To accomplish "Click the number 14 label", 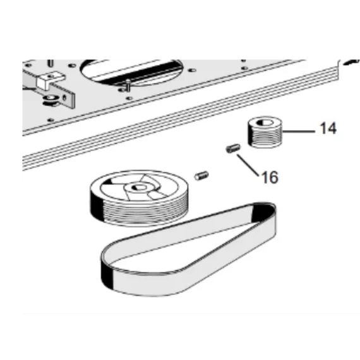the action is pyautogui.click(x=328, y=128).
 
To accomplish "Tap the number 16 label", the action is pyautogui.click(x=270, y=177).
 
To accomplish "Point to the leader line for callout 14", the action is pyautogui.click(x=299, y=131).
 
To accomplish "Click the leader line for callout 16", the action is pyautogui.click(x=248, y=165).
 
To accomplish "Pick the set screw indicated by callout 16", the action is pyautogui.click(x=233, y=148).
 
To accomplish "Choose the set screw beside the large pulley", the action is pyautogui.click(x=202, y=176).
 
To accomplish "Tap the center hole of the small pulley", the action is pyautogui.click(x=265, y=122).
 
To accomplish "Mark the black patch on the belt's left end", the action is pyautogui.click(x=107, y=275).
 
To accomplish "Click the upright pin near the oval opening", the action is pyautogui.click(x=128, y=85).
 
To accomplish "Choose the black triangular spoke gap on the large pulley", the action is pyautogui.click(x=107, y=182).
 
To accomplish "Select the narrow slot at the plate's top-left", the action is pyautogui.click(x=51, y=63).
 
